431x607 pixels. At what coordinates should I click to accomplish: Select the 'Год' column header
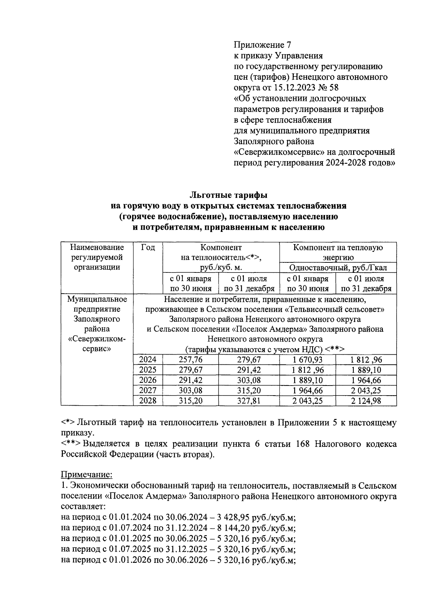[148, 248]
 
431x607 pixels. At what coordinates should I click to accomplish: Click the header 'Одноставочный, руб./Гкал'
[338, 268]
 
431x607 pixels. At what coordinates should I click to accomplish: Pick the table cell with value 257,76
[190, 360]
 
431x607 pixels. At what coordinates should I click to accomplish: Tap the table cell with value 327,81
[249, 401]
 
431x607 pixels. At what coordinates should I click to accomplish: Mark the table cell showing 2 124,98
[366, 401]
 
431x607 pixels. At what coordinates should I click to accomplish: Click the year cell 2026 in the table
[148, 380]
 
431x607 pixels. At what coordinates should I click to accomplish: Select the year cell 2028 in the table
[148, 401]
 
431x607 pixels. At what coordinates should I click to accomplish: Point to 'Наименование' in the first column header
[97, 248]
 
